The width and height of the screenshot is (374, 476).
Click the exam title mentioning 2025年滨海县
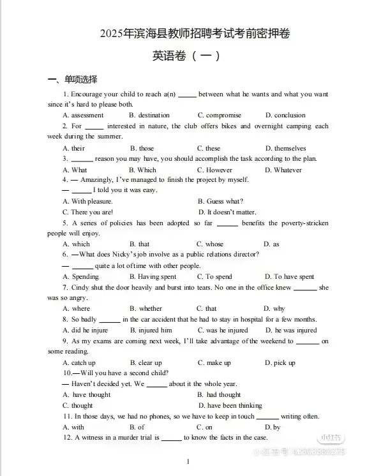(187, 33)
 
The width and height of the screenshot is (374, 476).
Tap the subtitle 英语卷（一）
(186, 56)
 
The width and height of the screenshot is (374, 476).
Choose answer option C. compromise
(219, 115)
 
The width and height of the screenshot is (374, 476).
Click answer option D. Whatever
(283, 170)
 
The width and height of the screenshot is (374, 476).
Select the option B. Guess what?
(220, 202)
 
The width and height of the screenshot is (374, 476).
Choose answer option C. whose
(210, 244)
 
